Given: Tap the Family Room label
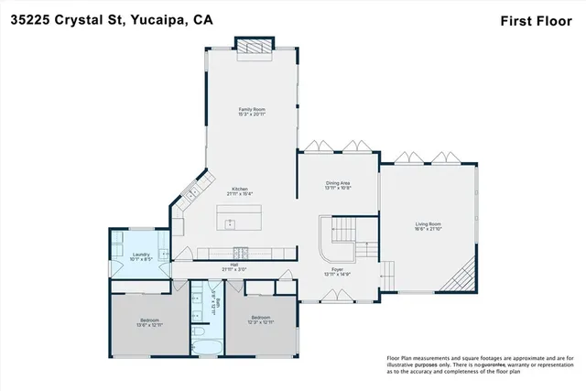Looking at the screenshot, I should pos(251,109).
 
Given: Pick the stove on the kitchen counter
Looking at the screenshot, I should pos(240,253).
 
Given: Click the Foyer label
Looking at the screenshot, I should pos(338,269).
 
